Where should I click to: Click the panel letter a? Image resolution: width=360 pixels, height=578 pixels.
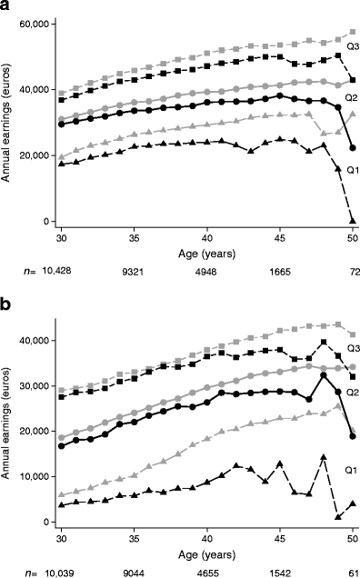(x=8, y=9)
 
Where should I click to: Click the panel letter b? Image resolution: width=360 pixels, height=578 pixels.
(x=8, y=300)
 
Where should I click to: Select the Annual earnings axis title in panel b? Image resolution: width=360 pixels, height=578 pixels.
(x=8, y=418)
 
